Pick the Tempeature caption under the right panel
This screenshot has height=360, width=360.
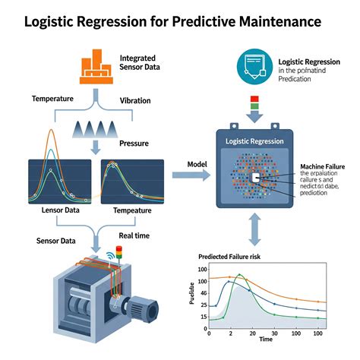coord(131,210)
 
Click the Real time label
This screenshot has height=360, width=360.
coord(133,236)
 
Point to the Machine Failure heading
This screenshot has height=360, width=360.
coord(323,166)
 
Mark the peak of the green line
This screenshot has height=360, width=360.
coord(241,275)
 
